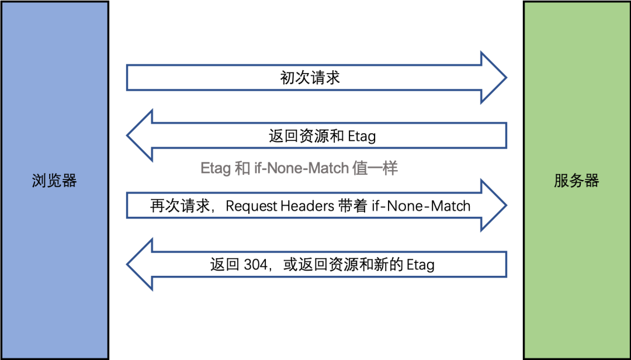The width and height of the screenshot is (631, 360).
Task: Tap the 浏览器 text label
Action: [54, 181]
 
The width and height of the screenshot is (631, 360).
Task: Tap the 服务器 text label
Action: [577, 181]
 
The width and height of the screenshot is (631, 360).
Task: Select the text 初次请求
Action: [310, 78]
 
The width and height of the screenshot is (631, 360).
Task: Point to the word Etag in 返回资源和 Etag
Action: [362, 136]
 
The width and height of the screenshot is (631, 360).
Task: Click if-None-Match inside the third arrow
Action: [421, 206]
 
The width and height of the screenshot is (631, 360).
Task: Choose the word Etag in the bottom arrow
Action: [420, 265]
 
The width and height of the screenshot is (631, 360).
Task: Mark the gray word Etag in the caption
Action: [216, 168]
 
